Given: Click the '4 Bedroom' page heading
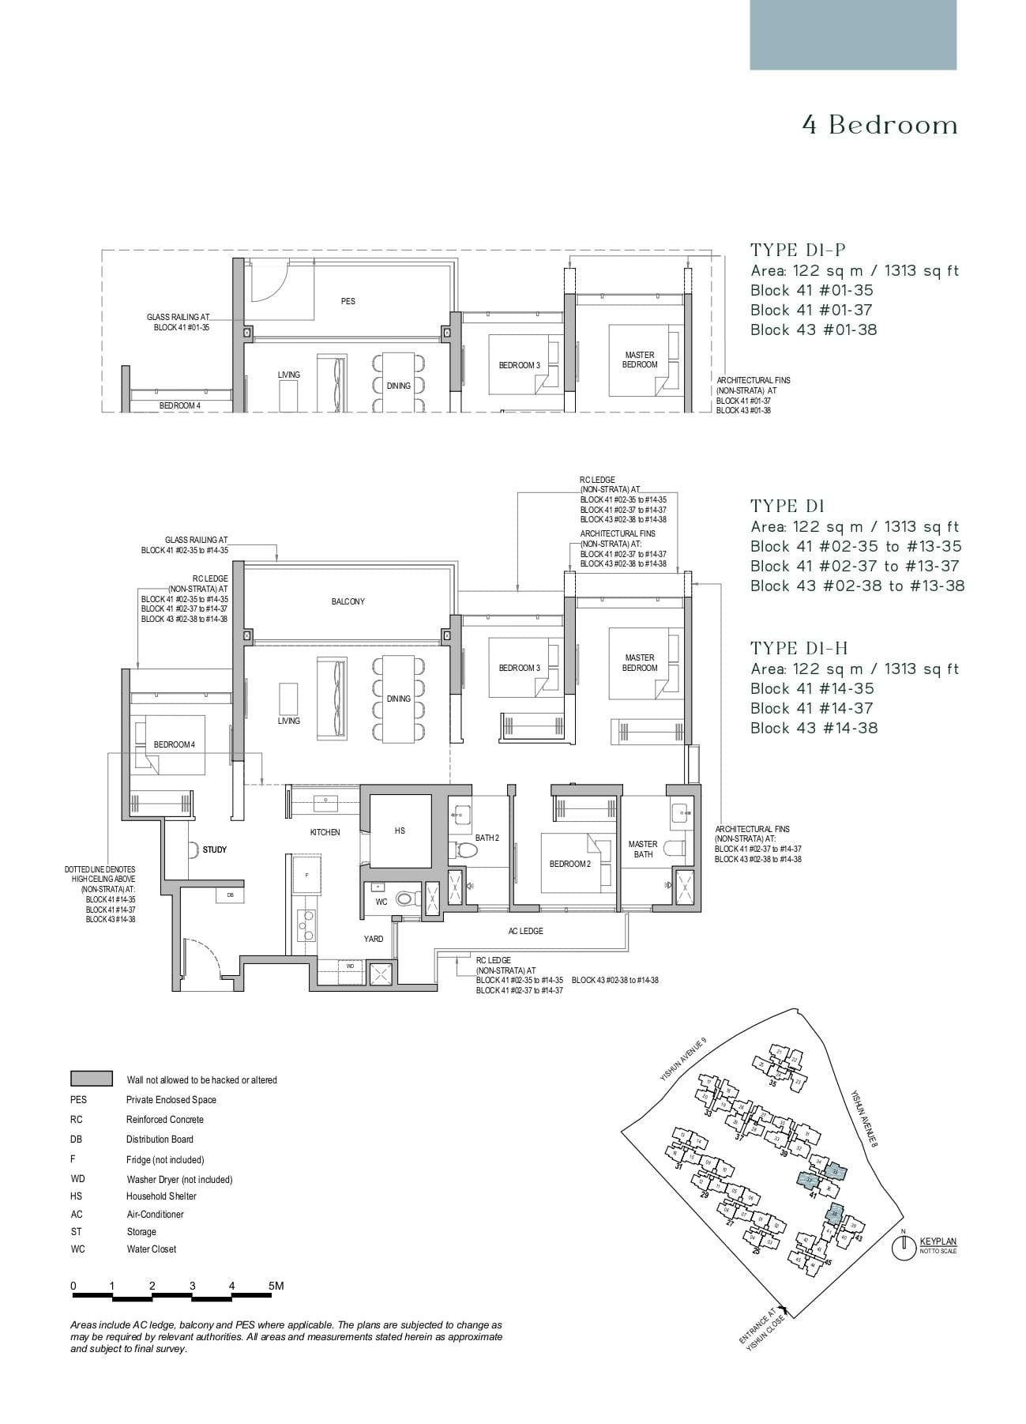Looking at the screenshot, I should (x=879, y=126).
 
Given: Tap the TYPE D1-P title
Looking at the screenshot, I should (x=787, y=251).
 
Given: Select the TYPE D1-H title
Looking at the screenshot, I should (x=799, y=649).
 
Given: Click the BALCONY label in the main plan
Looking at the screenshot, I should (x=348, y=602).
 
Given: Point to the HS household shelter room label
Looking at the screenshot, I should (x=400, y=831).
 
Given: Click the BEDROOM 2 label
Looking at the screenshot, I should (x=570, y=864).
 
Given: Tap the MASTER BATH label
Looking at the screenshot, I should (x=643, y=849).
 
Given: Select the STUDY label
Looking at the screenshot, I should (x=214, y=850).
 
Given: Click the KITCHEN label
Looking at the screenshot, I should (x=325, y=832).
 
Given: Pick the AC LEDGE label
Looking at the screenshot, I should (x=525, y=931).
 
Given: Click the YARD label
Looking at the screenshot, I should (x=373, y=939).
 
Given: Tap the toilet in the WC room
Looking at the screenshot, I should (x=406, y=898).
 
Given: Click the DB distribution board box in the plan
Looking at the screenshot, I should (x=230, y=895).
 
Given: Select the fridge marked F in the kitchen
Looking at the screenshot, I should (x=306, y=875).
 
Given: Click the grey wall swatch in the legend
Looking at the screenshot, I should (x=92, y=1079).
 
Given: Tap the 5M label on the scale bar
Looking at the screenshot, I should (x=276, y=1286).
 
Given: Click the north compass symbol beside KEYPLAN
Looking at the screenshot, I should (x=904, y=1248).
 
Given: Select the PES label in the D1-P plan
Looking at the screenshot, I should (x=348, y=301).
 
